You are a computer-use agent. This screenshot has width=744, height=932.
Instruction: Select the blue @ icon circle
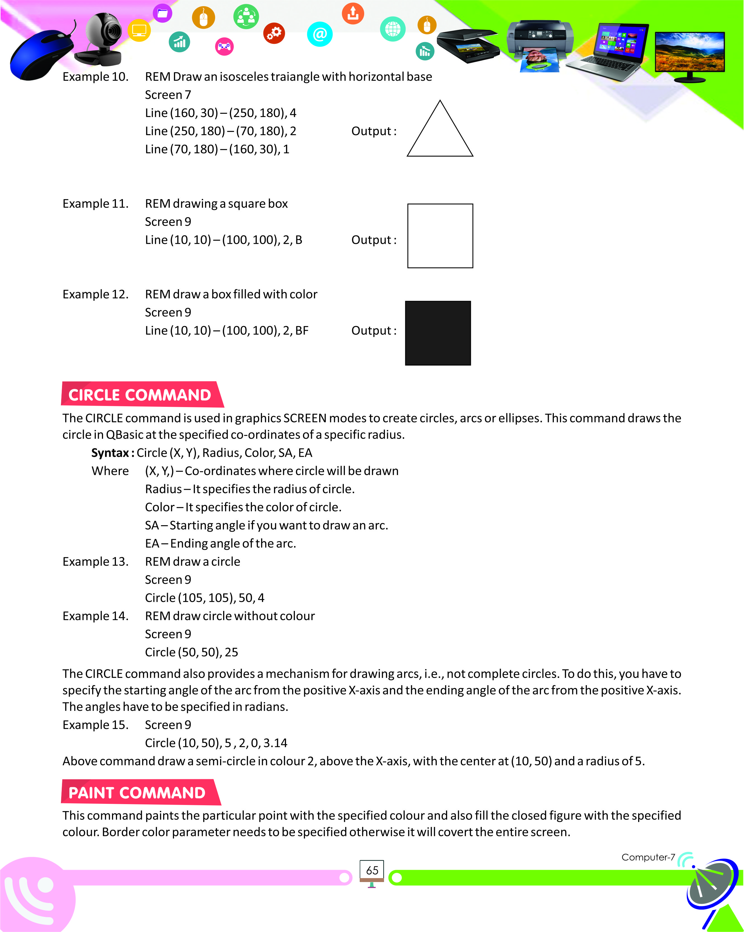[x=319, y=34]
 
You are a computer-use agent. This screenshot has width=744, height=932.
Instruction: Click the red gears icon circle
[x=274, y=33]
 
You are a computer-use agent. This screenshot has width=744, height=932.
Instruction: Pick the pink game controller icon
[x=224, y=46]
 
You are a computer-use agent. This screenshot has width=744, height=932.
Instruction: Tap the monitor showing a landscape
[x=690, y=54]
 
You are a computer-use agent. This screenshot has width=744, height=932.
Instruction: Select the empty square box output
[x=440, y=236]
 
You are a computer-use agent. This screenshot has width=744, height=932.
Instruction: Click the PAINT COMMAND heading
[x=137, y=793]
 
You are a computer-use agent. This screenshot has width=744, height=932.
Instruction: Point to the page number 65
[x=372, y=870]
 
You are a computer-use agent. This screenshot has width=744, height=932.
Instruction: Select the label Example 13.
[x=96, y=561]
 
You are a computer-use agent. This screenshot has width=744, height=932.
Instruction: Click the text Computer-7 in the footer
[x=648, y=857]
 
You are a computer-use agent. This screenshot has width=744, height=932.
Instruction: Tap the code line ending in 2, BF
[x=226, y=331]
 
